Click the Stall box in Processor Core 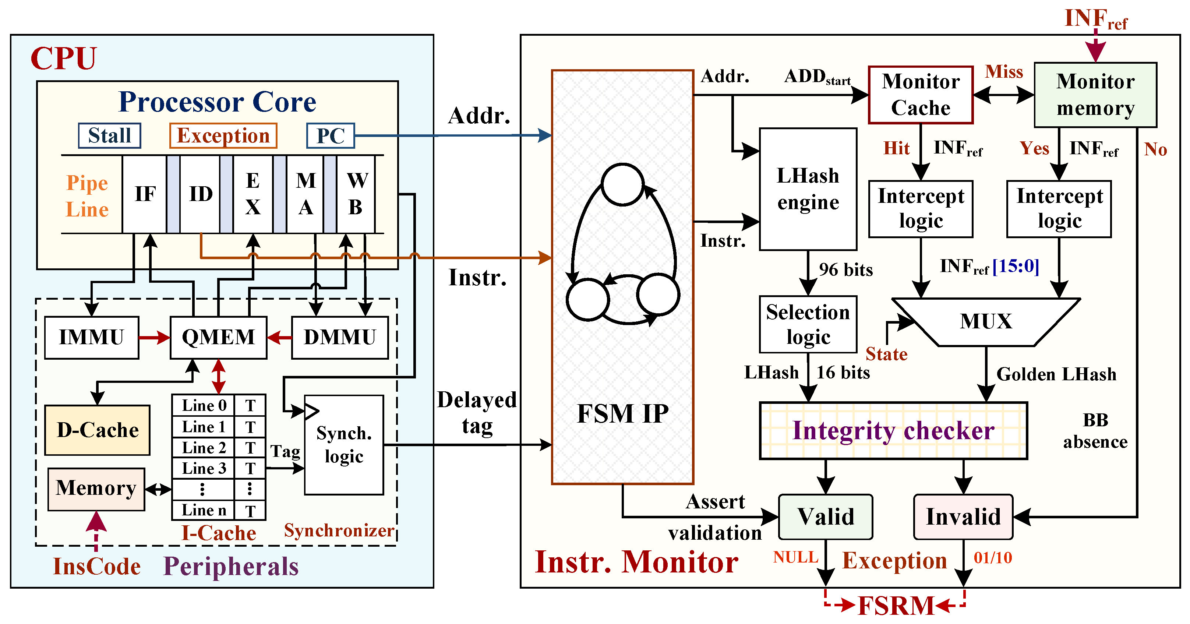(x=109, y=135)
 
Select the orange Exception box (x=223, y=135)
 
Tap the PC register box (x=330, y=135)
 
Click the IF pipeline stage (x=145, y=194)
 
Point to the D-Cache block (x=98, y=430)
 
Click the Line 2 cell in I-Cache (x=204, y=448)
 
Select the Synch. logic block (x=344, y=445)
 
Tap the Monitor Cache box (x=921, y=95)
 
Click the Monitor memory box (x=1095, y=95)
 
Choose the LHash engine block (x=808, y=189)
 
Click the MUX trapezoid (x=986, y=321)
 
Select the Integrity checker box (x=893, y=430)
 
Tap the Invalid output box (x=963, y=517)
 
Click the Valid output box (x=826, y=517)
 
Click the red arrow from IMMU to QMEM (x=154, y=338)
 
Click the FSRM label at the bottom (x=896, y=606)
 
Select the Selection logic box (x=808, y=324)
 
